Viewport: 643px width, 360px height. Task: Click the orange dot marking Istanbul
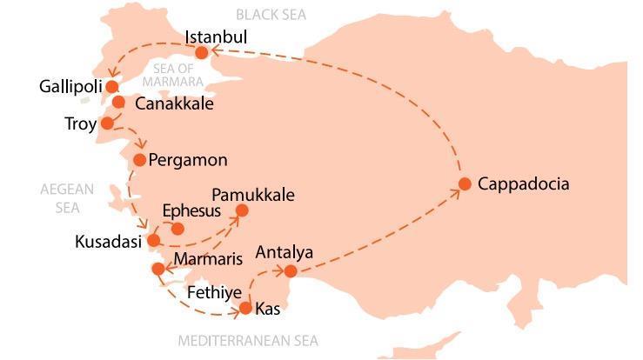[202, 53]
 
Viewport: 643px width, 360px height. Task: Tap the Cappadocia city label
[524, 183]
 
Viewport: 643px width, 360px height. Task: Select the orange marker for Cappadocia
[465, 183]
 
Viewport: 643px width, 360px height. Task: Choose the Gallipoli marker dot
[111, 86]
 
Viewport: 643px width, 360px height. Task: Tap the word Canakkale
[174, 103]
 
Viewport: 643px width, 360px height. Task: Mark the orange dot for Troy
[107, 123]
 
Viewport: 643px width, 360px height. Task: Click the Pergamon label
[188, 160]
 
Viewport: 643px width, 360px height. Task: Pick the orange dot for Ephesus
[177, 229]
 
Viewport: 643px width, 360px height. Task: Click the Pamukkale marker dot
[242, 210]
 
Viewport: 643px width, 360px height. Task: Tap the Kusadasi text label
[108, 242]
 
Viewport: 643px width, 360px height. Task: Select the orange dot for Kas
[245, 308]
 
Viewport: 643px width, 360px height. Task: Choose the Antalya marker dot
[291, 271]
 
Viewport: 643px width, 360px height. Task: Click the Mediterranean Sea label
[248, 341]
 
